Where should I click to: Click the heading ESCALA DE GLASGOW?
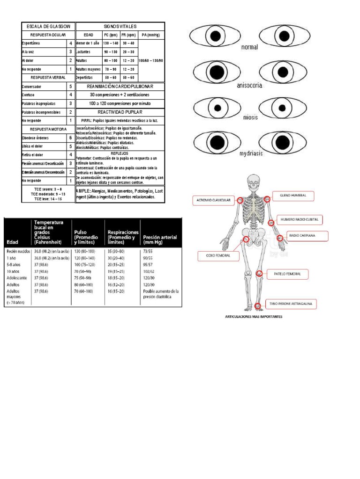click(48, 27)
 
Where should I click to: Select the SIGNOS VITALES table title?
click(120, 27)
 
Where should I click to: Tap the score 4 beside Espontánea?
click(71, 44)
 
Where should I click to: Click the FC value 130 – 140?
click(111, 43)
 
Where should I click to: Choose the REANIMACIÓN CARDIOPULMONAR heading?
click(120, 87)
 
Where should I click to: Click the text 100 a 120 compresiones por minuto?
click(120, 103)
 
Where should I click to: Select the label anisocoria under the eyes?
click(249, 86)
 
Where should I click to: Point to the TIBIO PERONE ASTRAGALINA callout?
click(292, 305)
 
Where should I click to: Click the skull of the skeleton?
click(254, 180)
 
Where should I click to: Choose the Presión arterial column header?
click(160, 237)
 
